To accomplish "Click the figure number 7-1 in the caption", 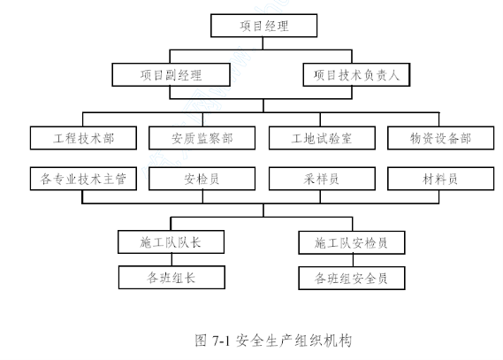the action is click(221, 341).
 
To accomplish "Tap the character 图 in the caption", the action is click(201, 341).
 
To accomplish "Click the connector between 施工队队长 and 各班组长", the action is click(171, 259).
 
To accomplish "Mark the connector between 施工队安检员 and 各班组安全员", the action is click(354, 261).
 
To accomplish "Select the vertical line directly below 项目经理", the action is click(263, 43).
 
